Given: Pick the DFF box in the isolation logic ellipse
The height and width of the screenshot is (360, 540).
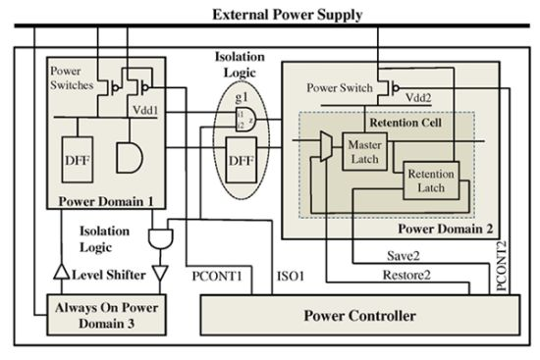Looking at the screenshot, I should coord(241,160).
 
